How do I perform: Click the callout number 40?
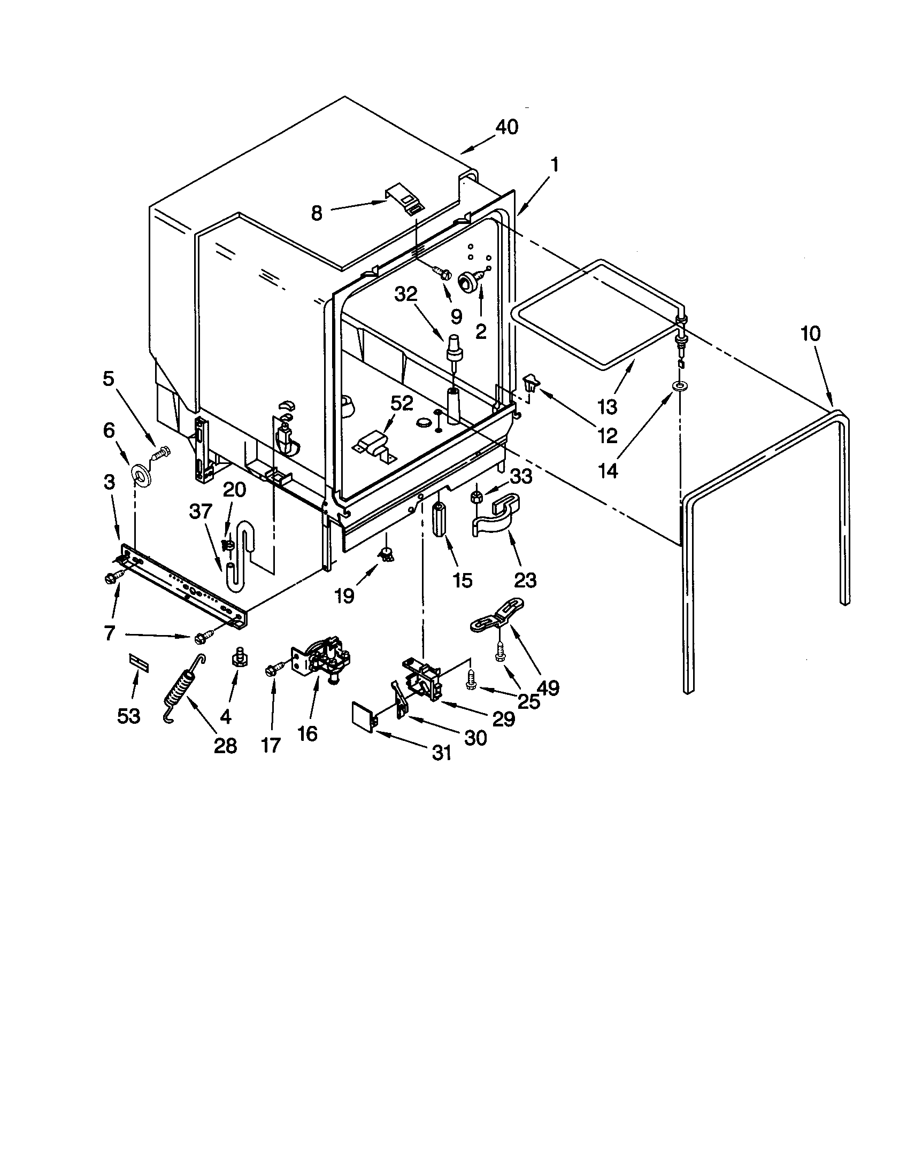click(x=506, y=127)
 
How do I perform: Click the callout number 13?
click(x=608, y=407)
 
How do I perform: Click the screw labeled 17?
click(x=272, y=670)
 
